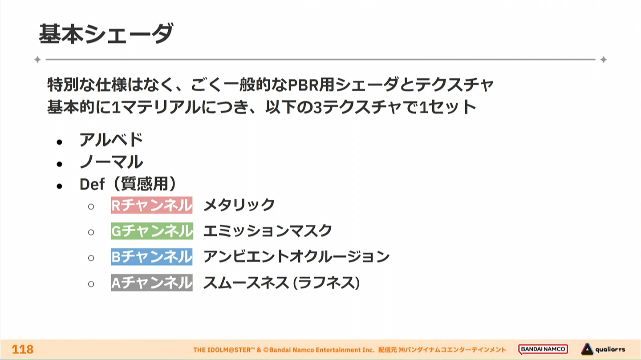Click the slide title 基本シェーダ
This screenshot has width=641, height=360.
(106, 34)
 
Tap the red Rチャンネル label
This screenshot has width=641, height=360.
(152, 205)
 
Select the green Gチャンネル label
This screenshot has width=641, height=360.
(152, 231)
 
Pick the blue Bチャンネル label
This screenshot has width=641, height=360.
(152, 256)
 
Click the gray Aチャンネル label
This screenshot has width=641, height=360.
(152, 283)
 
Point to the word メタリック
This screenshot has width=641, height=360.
(239, 205)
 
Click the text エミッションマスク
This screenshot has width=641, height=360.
(268, 231)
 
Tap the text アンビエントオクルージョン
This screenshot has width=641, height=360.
(296, 256)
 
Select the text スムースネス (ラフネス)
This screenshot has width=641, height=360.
(282, 283)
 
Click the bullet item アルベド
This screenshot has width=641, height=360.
(111, 140)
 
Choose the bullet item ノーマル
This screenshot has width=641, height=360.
(111, 162)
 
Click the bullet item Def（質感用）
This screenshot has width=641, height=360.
(128, 184)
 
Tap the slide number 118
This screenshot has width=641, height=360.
(23, 349)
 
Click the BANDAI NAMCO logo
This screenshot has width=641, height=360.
(543, 349)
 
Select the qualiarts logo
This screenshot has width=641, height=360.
(603, 349)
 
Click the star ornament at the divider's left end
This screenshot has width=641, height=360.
(37, 60)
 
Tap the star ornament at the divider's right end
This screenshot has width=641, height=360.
(604, 60)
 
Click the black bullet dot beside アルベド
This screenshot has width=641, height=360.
(60, 142)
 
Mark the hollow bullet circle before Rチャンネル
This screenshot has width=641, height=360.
(91, 206)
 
